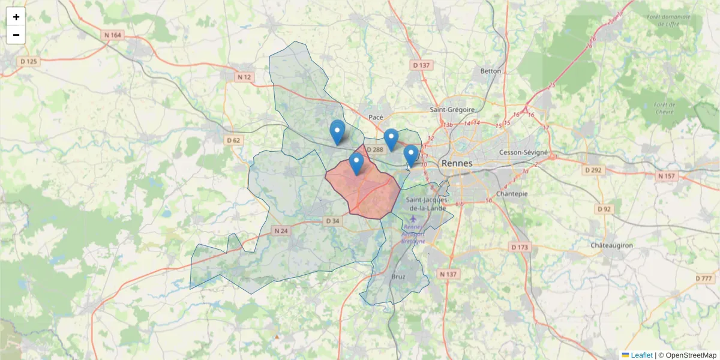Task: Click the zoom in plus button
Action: (x=16, y=17)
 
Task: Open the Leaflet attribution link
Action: (x=641, y=355)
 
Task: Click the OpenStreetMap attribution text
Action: (x=691, y=355)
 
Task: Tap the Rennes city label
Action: (x=457, y=163)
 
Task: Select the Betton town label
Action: (x=490, y=71)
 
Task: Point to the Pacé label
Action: (x=376, y=118)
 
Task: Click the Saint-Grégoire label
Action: (x=452, y=110)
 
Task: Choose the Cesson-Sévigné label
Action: (x=523, y=152)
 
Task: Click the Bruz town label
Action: (x=398, y=277)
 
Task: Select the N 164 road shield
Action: (x=112, y=35)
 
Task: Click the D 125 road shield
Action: (x=28, y=61)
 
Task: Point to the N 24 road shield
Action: (x=281, y=230)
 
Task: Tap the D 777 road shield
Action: (x=704, y=278)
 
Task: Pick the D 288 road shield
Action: (x=374, y=149)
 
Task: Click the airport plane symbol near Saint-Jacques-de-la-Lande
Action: (x=413, y=218)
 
